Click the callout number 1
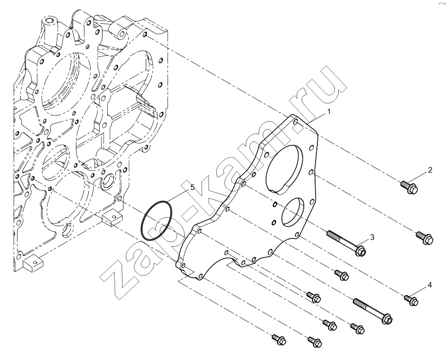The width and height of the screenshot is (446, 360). pos(329,112)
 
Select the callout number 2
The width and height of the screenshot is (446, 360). pos(430,170)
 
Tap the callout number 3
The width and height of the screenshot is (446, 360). pos(372,237)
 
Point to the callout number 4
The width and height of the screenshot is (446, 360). pos(429,285)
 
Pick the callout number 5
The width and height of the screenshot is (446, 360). pos(193,187)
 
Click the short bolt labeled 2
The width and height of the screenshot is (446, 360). pos(410,187)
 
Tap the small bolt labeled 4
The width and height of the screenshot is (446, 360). pos(411,300)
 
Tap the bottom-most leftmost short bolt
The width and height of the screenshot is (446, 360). pos(279,339)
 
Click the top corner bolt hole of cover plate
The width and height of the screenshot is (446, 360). pos(295,122)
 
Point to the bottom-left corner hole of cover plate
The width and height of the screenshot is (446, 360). pos(183,266)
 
